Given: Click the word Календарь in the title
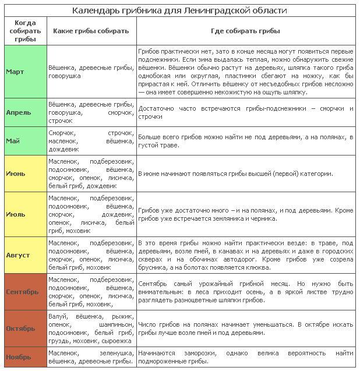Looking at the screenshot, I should point(95,10).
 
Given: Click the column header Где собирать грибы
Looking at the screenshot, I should point(245,30).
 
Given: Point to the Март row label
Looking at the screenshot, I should point(15,72).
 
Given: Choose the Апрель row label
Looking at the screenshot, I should point(19,112).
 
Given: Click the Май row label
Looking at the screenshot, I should point(13,140).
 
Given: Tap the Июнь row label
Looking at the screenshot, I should point(16,173).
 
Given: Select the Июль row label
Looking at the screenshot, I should point(16,214).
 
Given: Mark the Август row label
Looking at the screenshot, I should point(18,255).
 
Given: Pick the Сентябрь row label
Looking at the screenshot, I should point(23,291).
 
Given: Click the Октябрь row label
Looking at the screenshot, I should point(21,328).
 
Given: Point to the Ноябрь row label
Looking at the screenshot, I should point(19,357).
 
